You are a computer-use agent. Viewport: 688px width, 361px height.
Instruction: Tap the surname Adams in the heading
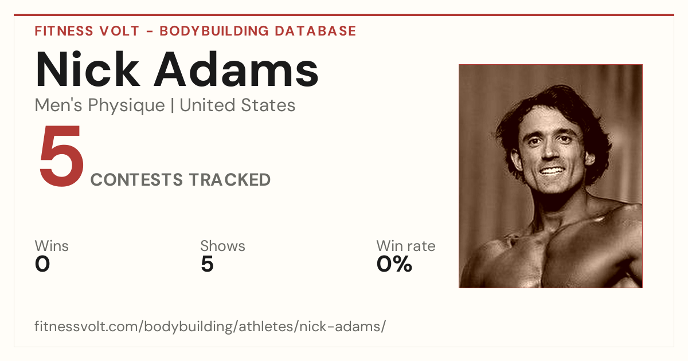(x=236, y=69)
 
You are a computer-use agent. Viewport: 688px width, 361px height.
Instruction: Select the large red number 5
(x=61, y=155)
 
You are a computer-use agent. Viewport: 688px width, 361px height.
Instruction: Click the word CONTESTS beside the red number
(x=136, y=180)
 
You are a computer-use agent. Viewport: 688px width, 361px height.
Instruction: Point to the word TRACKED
(x=230, y=180)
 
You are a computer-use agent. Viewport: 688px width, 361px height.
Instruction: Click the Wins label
(x=52, y=246)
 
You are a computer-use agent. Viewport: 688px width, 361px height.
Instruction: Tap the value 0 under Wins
(x=42, y=264)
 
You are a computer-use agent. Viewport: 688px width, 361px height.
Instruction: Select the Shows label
(x=222, y=246)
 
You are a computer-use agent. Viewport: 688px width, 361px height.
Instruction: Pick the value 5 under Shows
(x=208, y=264)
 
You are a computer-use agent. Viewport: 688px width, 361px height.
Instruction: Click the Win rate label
(x=406, y=246)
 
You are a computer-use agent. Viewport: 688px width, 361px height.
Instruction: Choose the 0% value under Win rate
(x=394, y=264)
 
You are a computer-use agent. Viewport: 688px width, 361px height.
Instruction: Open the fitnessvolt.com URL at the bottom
(x=210, y=327)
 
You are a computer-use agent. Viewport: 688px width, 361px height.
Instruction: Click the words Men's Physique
(x=100, y=105)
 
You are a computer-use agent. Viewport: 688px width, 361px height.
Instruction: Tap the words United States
(x=237, y=105)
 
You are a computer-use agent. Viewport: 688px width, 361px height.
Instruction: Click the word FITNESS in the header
(x=64, y=31)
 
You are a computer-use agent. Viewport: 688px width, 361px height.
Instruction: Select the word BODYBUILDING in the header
(x=214, y=31)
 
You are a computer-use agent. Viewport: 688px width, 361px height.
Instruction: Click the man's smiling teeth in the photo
(x=552, y=171)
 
